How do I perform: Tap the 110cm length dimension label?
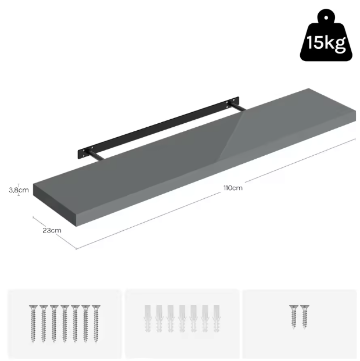click(x=233, y=188)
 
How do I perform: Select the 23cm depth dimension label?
click(x=52, y=230)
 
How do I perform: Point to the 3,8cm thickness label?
click(x=19, y=190)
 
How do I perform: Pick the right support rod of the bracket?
click(x=238, y=107)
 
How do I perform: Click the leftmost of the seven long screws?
click(x=33, y=324)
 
